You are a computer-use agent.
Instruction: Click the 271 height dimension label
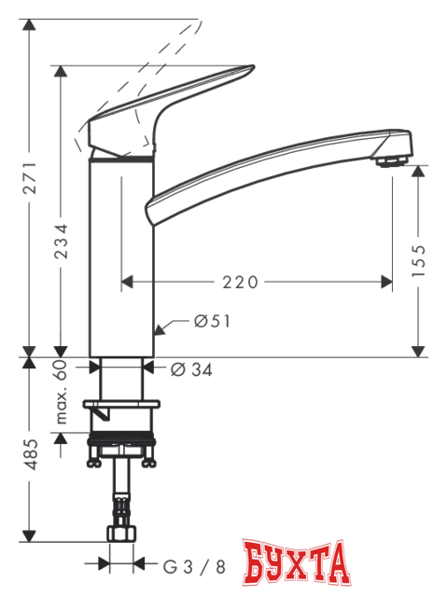pyautogui.click(x=30, y=177)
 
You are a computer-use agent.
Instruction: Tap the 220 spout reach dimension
pyautogui.click(x=240, y=281)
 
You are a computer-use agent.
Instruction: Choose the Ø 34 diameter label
pyautogui.click(x=192, y=369)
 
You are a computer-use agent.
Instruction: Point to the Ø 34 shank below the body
pyautogui.click(x=120, y=368)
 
